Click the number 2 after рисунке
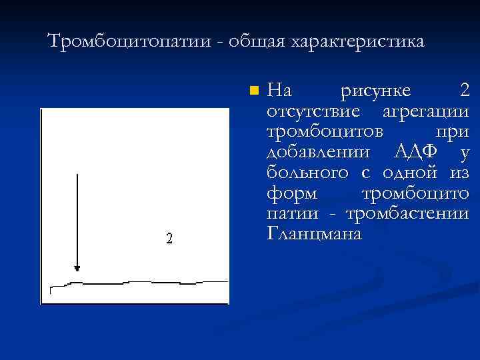coord(464,90)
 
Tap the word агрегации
coord(427,111)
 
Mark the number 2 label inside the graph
coord(169,238)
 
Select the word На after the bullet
coord(279,90)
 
